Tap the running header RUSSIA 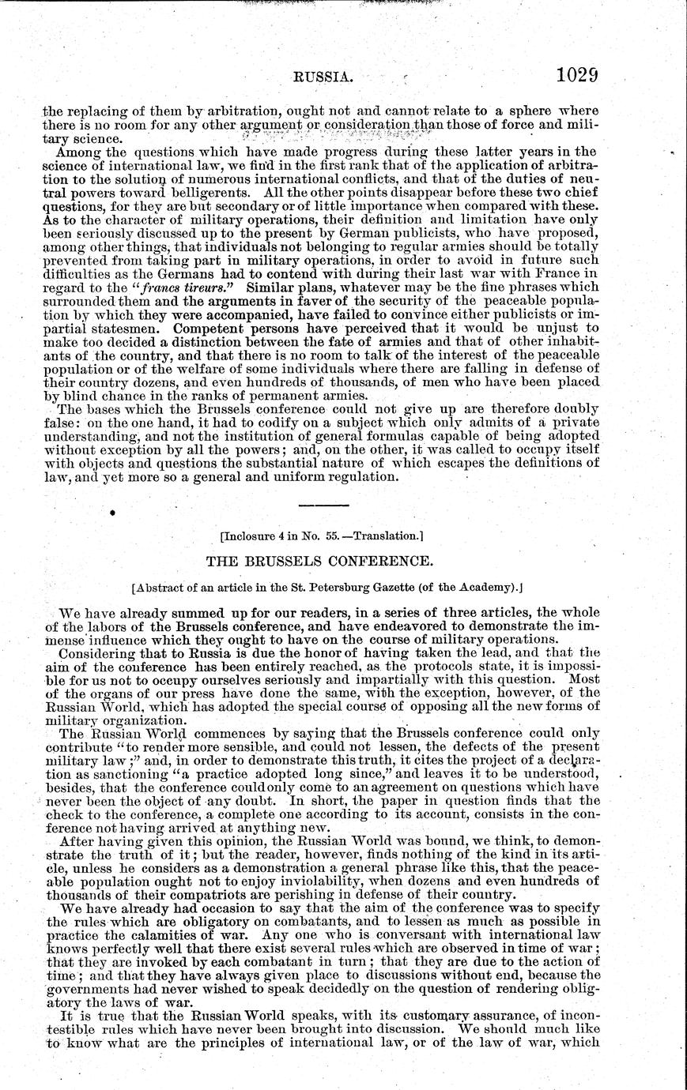click(x=323, y=77)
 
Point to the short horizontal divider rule click(x=323, y=504)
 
